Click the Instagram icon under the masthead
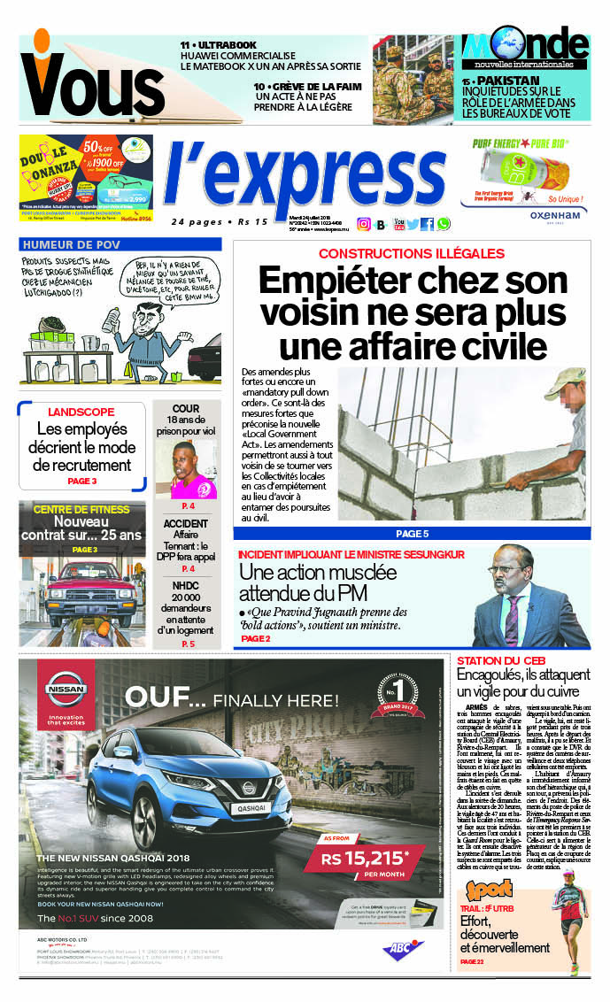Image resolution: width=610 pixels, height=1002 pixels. point(364,224)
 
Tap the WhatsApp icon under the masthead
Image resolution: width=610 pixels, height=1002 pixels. point(443,224)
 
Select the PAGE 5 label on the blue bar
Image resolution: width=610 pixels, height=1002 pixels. point(412,534)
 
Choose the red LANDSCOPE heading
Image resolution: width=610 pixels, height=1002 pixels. point(81,412)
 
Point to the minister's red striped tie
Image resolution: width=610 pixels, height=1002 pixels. point(513,620)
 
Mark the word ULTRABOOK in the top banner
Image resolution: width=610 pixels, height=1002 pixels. point(225,45)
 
